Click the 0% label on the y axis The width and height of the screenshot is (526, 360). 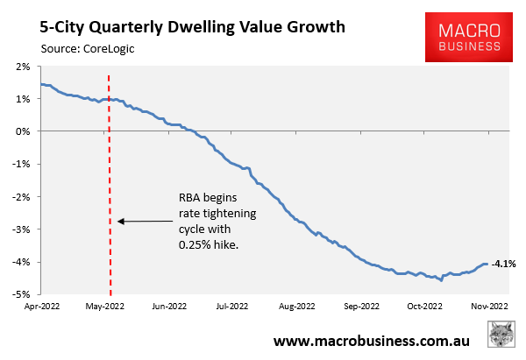tap(23, 131)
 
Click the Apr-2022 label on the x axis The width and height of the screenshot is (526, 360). tap(42, 307)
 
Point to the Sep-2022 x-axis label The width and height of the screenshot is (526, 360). tap(361, 307)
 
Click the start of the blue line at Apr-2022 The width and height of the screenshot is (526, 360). tap(42, 84)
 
